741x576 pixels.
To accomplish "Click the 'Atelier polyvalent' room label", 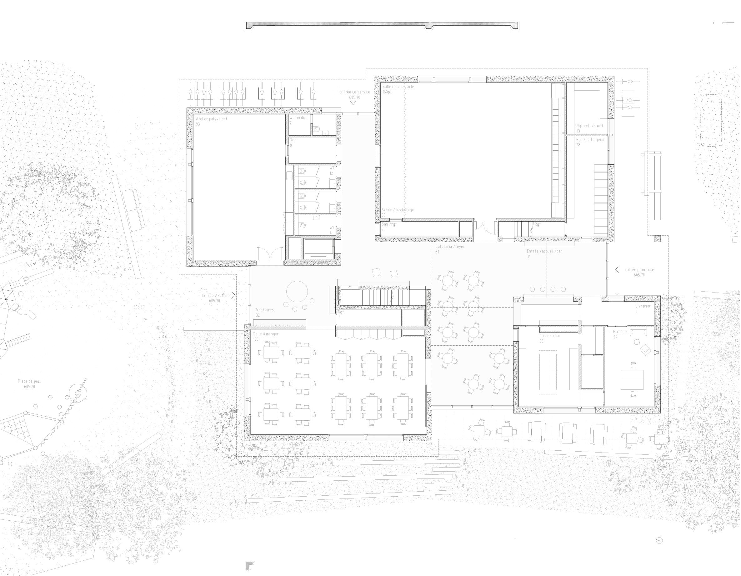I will pos(211,119).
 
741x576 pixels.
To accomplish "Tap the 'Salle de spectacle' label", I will pos(398,87).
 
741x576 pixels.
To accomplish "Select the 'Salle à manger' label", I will pos(265,334).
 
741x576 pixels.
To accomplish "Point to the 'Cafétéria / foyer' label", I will pos(450,247).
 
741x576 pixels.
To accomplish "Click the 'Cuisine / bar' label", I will pos(550,336).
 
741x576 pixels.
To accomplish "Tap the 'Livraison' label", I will pos(643,306).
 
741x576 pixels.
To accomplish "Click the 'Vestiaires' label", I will pos(265,310).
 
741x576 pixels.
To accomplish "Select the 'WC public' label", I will pos(297,118).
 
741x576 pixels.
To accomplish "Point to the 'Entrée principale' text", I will pos(639,270).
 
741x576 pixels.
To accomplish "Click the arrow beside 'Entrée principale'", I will pos(617,270).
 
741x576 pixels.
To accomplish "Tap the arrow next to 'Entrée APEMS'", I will pos(233,295).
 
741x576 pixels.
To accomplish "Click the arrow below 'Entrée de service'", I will pos(353,103).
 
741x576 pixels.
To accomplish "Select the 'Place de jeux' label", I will pos(29,381).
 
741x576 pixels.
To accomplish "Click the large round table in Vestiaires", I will pos(297,291).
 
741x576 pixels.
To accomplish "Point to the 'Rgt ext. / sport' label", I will pos(590,126).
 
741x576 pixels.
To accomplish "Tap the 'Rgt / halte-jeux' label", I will pos(590,139).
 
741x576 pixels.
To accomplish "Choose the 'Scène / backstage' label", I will pos(397,210).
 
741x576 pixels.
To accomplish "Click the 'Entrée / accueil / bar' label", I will pos(544,251).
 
